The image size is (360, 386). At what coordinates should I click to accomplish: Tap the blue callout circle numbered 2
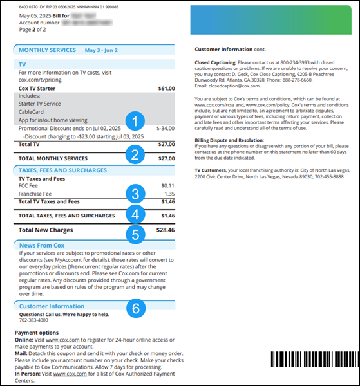point(134,154)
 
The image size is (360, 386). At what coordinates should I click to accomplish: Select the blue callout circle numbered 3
point(134,193)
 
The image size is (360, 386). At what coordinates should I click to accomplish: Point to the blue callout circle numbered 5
point(134,235)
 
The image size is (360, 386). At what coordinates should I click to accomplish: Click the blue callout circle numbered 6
point(134,309)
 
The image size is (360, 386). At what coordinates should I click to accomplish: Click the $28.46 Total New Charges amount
point(165,230)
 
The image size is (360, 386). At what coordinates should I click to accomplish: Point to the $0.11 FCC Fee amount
point(167,185)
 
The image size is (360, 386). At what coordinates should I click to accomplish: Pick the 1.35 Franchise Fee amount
point(169,193)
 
